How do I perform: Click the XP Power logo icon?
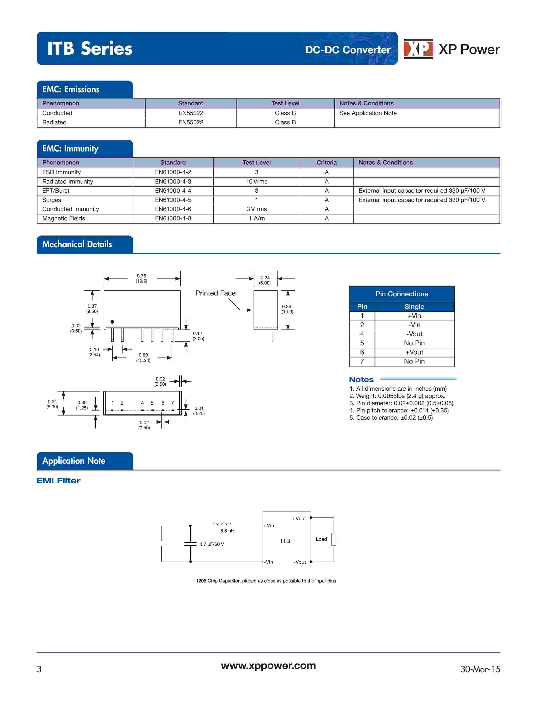(x=418, y=49)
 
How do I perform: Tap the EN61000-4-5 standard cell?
(x=173, y=200)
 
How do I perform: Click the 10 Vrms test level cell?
(x=256, y=181)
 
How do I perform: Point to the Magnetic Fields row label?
(x=64, y=218)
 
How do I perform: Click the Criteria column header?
(x=326, y=162)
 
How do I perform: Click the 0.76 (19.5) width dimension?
(x=142, y=278)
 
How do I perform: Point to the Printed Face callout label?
(x=215, y=293)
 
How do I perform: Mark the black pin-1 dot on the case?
(x=112, y=322)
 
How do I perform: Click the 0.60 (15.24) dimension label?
(x=143, y=358)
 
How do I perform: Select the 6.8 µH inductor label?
(x=227, y=531)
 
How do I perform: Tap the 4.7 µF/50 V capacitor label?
(x=212, y=544)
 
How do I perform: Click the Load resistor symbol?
(x=334, y=539)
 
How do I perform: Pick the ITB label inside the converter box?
(x=285, y=541)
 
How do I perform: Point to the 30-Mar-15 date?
(x=480, y=669)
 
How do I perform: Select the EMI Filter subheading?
(x=59, y=481)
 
